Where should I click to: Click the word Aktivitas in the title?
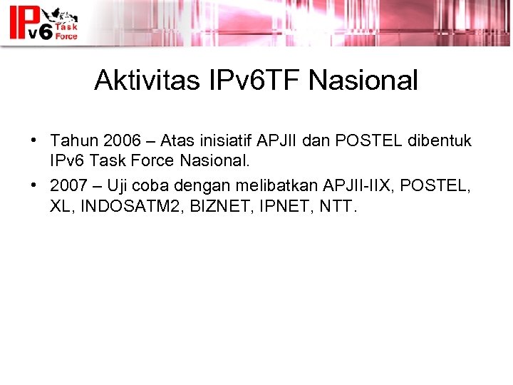click(x=139, y=81)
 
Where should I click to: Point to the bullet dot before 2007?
click(x=33, y=186)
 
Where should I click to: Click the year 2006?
click(x=120, y=140)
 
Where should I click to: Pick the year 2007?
click(x=70, y=186)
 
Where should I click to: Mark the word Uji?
click(x=119, y=186)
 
